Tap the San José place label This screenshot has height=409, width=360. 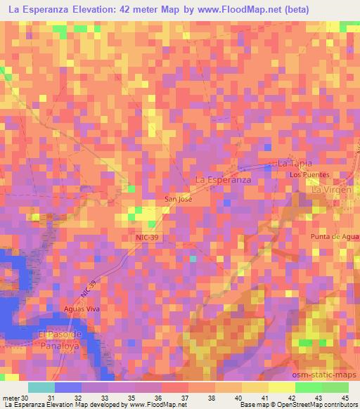coord(178,200)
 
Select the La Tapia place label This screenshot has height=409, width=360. coord(294,163)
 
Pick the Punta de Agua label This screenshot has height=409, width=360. coord(335,237)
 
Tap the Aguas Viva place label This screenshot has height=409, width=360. coord(79,309)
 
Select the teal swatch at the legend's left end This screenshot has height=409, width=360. coord(41,387)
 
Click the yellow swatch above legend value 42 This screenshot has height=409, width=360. coord(281,387)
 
